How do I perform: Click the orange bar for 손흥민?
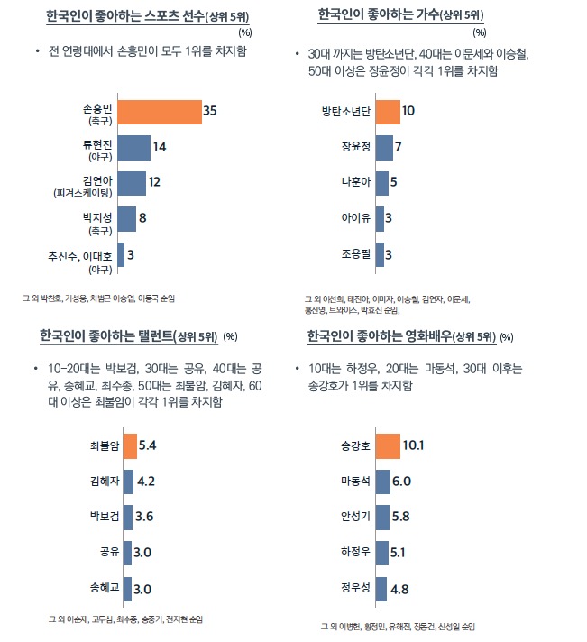pos(159,113)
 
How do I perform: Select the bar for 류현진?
pos(133,147)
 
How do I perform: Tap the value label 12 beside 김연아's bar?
pos(154,181)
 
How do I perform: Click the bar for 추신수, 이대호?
pos(121,254)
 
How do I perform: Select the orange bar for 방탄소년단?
pos(387,112)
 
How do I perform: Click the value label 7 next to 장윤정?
pos(399,146)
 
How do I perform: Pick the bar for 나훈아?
pos(381,183)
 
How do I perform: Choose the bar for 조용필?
pos(380,253)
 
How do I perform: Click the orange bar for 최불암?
pos(130,445)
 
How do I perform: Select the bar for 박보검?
pos(128,516)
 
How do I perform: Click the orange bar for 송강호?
pos(387,445)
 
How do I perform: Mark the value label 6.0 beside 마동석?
pos(402,481)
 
